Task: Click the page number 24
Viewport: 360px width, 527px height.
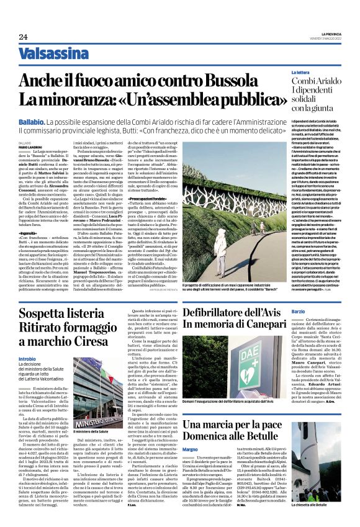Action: tap(23, 37)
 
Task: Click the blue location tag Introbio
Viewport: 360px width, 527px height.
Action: tap(27, 359)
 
